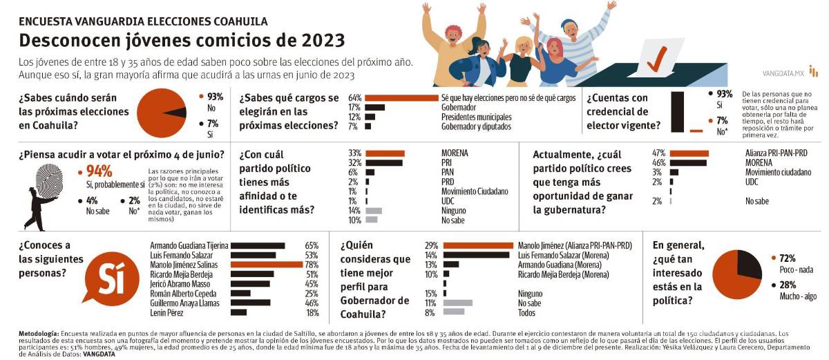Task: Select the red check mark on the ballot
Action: pos(656,60)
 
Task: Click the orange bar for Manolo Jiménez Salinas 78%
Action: pos(265,264)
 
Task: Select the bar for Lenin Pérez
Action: pos(238,312)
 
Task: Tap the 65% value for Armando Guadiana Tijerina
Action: pos(311,245)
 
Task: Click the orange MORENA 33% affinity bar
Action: pos(385,153)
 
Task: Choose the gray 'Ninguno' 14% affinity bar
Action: pos(373,210)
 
